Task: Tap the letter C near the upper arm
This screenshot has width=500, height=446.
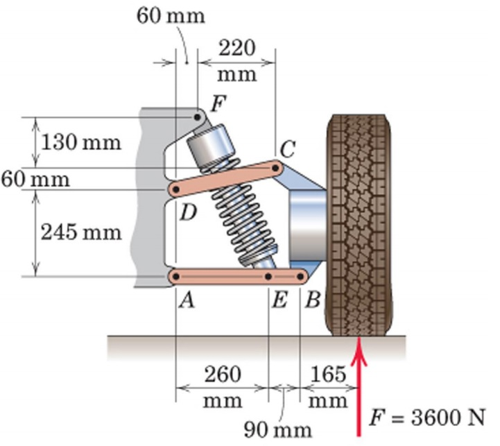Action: (288, 148)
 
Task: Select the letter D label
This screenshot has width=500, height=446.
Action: (187, 212)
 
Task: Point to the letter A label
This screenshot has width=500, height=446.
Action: (185, 300)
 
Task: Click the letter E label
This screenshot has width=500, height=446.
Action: (279, 300)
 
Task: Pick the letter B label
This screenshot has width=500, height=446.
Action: (312, 300)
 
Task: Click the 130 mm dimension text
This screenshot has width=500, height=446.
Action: (81, 143)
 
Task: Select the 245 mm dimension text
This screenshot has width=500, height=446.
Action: (81, 232)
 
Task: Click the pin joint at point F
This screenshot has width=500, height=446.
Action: (198, 118)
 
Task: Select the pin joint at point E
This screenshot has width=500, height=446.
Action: (268, 277)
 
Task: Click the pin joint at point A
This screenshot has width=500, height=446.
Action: (176, 277)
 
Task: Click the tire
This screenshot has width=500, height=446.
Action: (359, 222)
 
